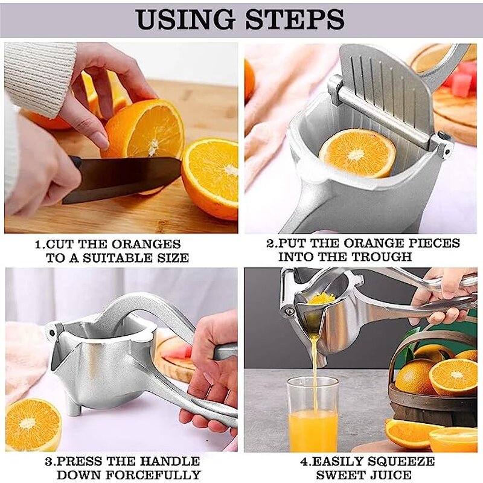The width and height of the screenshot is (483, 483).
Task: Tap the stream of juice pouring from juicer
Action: (315, 356)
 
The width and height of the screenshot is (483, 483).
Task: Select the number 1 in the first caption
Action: (37, 245)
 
